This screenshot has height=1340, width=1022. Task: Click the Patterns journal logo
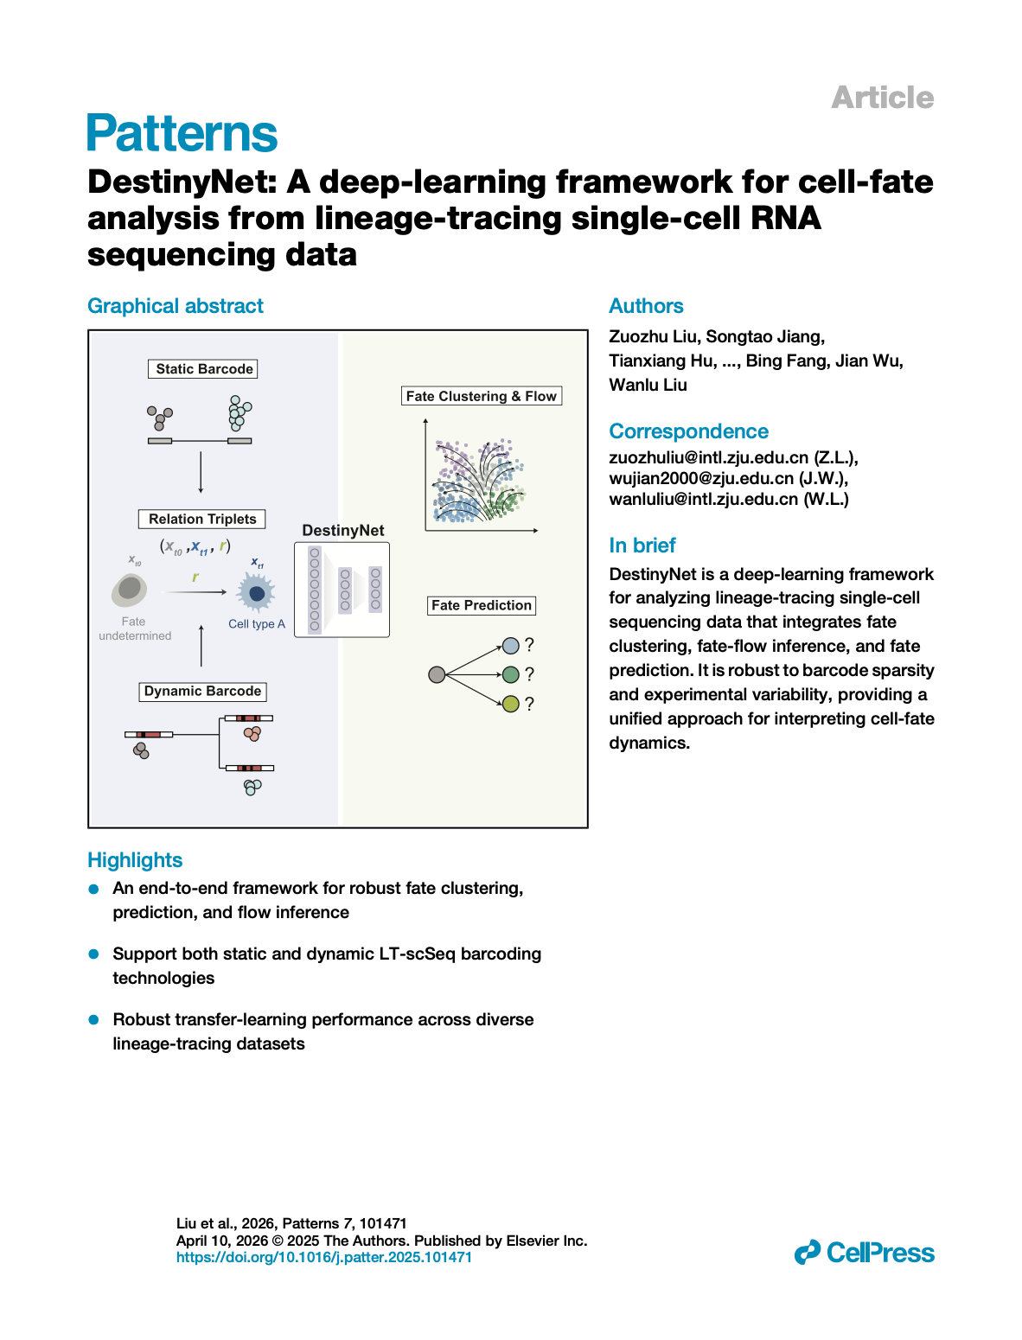[x=182, y=133]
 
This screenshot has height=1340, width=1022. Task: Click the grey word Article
[x=882, y=98]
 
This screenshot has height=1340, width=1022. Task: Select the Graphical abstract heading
[x=176, y=306]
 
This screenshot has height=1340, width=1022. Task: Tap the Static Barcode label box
[x=202, y=369]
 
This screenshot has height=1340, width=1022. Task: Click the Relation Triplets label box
[x=202, y=519]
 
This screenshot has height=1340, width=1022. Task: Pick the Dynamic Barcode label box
[x=202, y=691]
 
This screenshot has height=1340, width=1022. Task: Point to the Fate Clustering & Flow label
[x=481, y=396]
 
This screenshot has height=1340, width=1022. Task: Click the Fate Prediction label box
[x=481, y=605]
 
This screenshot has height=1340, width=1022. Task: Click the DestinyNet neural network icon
[x=342, y=589]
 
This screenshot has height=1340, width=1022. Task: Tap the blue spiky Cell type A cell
[x=257, y=593]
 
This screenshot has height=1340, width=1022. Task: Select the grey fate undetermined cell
[x=130, y=590]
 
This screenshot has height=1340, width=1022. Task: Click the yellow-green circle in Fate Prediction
[x=510, y=704]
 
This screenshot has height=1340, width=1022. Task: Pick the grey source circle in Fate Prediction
[x=437, y=674]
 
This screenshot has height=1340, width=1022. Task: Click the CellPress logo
[x=864, y=1253]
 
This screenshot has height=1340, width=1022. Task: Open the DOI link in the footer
[x=324, y=1257]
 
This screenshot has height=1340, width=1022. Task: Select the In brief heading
[x=642, y=546]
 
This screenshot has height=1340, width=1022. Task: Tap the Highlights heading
[x=135, y=859]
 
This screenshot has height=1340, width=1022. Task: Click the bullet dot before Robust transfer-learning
[x=93, y=1020]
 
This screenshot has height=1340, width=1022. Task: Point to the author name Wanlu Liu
[x=648, y=386]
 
